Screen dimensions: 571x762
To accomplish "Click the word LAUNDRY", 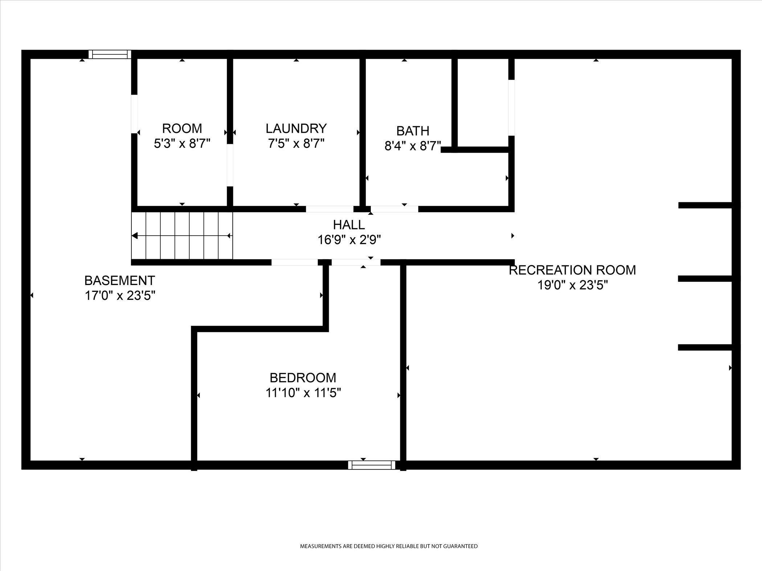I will [x=296, y=128].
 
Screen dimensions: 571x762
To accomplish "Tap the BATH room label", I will [x=413, y=131].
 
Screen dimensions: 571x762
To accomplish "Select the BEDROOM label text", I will [x=303, y=378].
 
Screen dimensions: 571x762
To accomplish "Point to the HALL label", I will [x=349, y=225].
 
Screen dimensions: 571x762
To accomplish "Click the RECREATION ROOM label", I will [x=572, y=270].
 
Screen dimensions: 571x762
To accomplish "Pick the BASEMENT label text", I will [x=120, y=280].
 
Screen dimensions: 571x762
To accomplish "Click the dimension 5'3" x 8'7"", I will [x=182, y=144].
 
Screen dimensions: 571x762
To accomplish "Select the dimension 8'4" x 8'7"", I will [x=413, y=146].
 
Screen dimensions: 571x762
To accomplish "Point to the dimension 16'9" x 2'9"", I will [x=349, y=240].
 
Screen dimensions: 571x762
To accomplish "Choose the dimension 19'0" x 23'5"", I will [x=572, y=285].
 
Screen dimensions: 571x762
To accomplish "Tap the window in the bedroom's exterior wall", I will [x=371, y=465].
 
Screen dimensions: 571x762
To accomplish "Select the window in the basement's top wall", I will [x=110, y=54].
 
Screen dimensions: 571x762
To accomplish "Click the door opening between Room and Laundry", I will [x=230, y=165].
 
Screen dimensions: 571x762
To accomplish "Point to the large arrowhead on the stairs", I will [x=135, y=236].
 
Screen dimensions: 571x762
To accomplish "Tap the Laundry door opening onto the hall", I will [x=329, y=209].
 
